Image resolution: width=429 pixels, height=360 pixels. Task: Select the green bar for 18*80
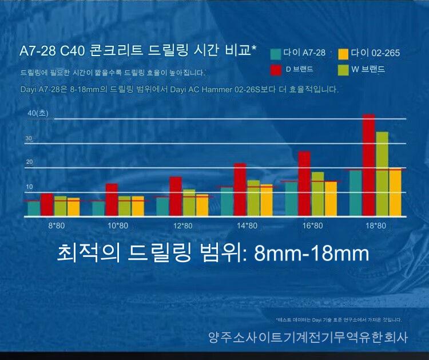(x=382, y=174)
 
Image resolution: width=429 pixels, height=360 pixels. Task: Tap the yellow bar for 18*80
(x=395, y=192)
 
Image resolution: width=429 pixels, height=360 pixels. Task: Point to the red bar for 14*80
(x=240, y=189)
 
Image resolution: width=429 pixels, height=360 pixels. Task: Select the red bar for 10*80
(x=112, y=200)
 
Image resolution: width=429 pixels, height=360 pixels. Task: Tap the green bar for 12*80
(x=189, y=203)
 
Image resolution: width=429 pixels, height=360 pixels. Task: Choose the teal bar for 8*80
(x=34, y=208)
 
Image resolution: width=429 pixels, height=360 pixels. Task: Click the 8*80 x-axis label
(x=56, y=226)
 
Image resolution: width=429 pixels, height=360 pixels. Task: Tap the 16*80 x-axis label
(x=312, y=226)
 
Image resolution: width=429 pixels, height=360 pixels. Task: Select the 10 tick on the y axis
(x=29, y=187)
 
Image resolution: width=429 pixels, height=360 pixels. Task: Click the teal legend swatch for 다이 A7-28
(x=275, y=54)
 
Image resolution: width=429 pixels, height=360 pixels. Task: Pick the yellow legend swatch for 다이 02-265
(x=343, y=54)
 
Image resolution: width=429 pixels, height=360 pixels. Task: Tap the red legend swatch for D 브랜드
(x=275, y=70)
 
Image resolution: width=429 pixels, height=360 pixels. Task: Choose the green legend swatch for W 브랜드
(x=343, y=70)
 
